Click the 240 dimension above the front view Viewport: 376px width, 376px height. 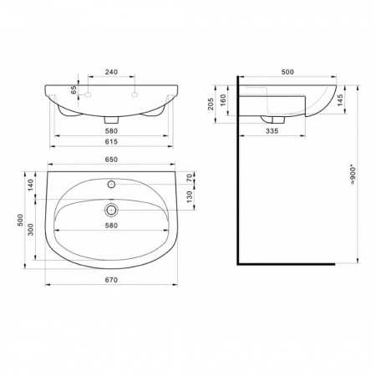click(x=111, y=72)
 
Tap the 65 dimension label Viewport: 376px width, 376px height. click(x=74, y=89)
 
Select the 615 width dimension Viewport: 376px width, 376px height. click(x=111, y=141)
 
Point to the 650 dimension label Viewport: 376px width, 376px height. click(x=111, y=160)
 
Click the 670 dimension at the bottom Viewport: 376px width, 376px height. click(x=111, y=280)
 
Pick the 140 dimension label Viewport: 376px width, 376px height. click(x=31, y=185)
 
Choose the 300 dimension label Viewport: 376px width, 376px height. click(x=31, y=230)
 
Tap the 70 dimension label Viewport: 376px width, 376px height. click(x=189, y=178)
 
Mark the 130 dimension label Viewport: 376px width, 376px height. click(x=189, y=196)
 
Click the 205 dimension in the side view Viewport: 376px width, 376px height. click(x=211, y=104)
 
